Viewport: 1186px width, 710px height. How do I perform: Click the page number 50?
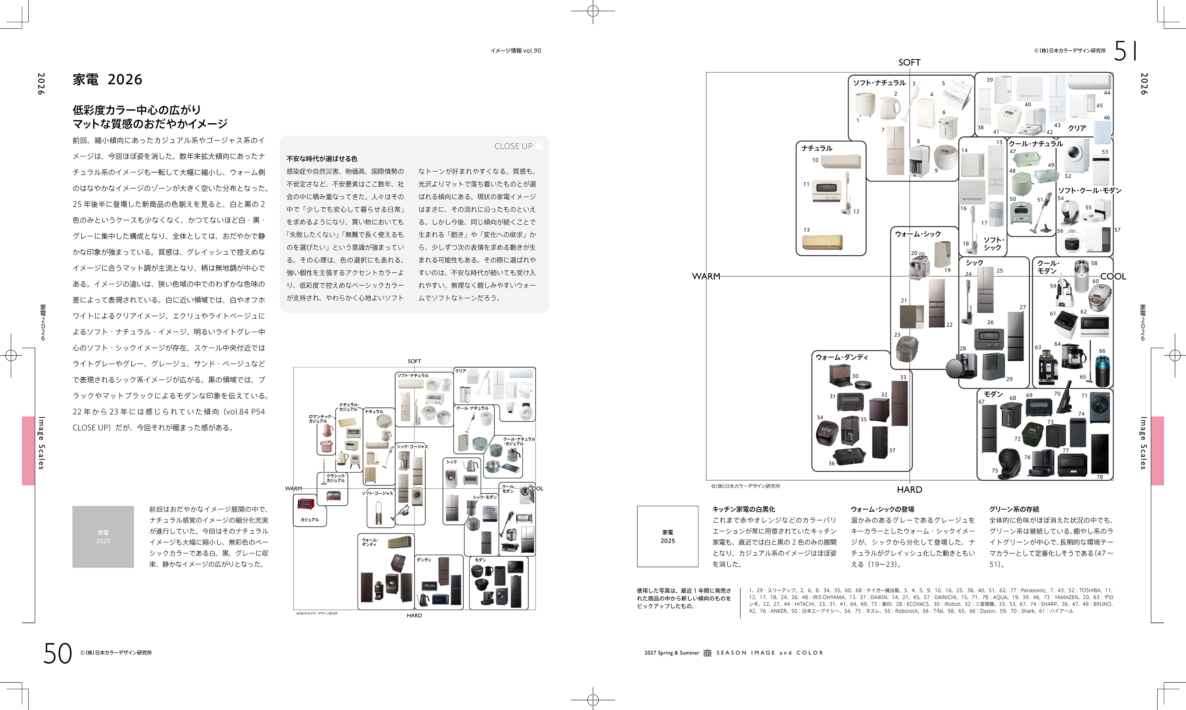pyautogui.click(x=57, y=653)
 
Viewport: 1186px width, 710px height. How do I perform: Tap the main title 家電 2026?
pyautogui.click(x=107, y=79)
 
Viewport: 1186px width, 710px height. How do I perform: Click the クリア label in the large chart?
pyautogui.click(x=1077, y=128)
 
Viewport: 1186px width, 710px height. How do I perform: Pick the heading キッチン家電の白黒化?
pyautogui.click(x=743, y=509)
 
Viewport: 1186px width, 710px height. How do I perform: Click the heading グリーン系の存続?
pyautogui.click(x=1014, y=509)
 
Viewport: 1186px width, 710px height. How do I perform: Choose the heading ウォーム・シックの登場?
pyautogui.click(x=882, y=509)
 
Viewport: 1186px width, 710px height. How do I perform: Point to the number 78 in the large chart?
pyautogui.click(x=1100, y=477)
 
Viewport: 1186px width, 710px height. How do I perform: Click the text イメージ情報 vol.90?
pyautogui.click(x=515, y=51)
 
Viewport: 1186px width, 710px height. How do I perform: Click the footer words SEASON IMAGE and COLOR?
pyautogui.click(x=770, y=653)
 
